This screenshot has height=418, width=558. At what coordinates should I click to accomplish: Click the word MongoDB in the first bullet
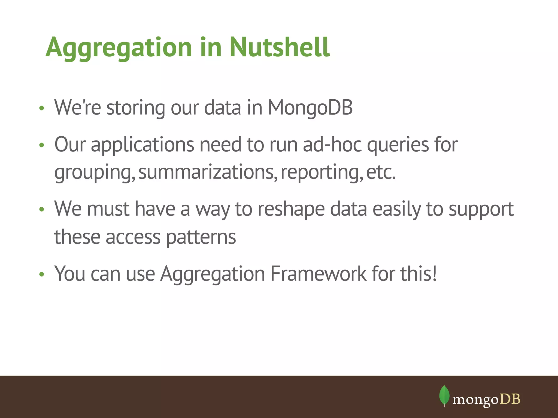click(310, 108)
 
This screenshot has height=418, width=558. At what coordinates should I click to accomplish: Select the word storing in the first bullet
click(135, 108)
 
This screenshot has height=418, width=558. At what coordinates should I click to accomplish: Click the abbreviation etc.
click(381, 172)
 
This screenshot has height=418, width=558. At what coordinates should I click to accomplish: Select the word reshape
click(291, 209)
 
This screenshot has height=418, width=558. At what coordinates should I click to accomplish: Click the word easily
click(396, 209)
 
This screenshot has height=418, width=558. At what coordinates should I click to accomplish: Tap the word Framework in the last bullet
click(318, 273)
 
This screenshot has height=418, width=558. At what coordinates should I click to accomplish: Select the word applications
click(142, 145)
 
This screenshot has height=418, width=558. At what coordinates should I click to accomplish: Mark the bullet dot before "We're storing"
click(41, 108)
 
